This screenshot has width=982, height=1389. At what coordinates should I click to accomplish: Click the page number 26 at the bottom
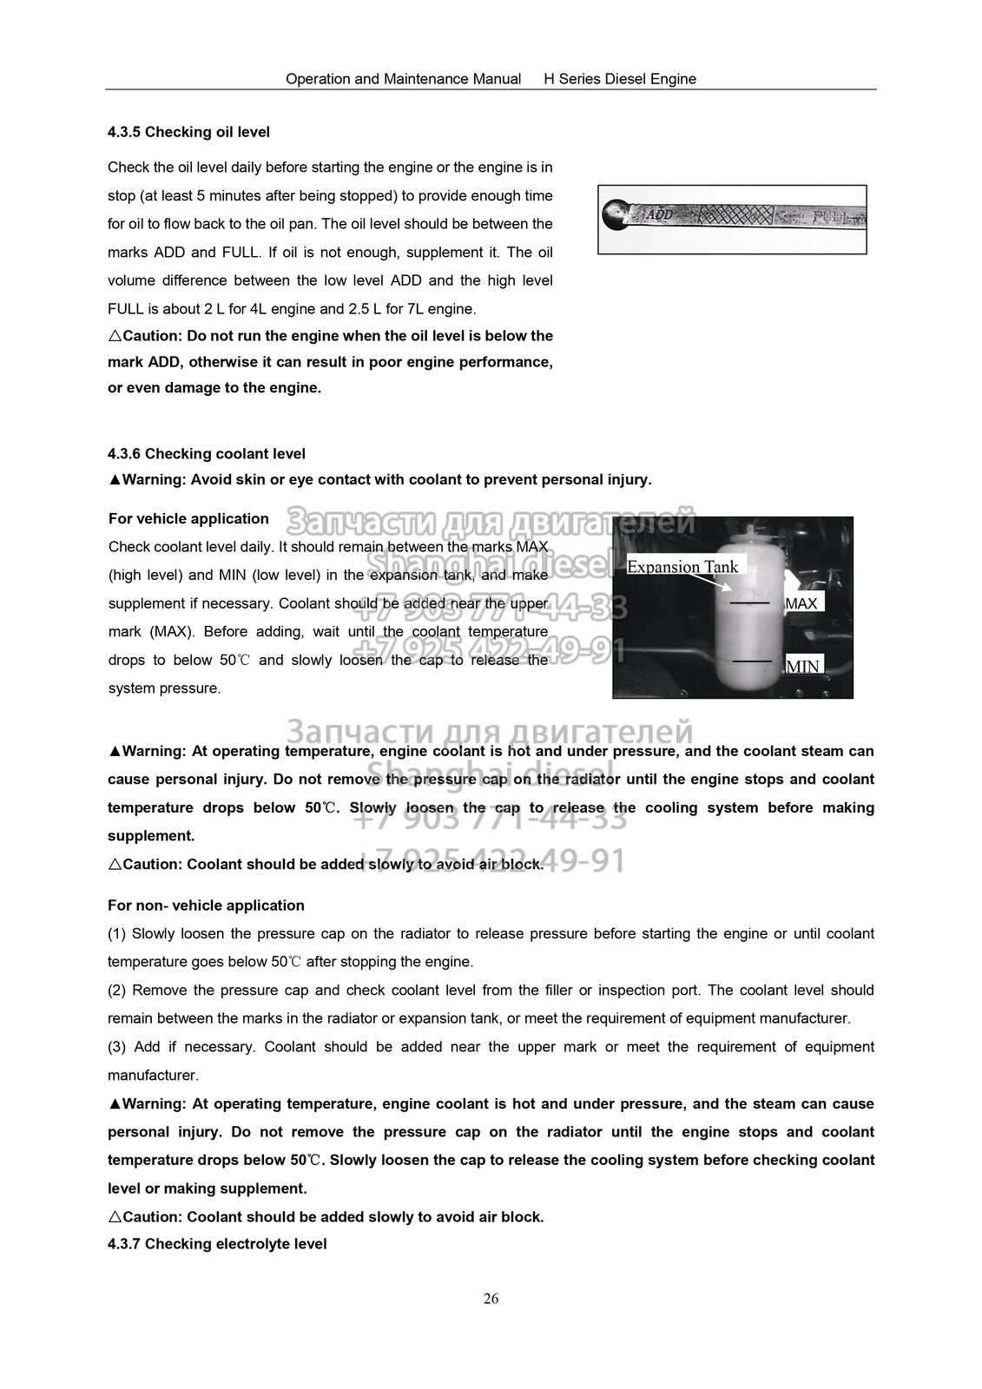point(491,1299)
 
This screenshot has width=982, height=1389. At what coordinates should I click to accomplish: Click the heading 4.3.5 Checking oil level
point(188,132)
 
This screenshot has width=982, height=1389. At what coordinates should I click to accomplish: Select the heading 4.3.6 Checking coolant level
point(207,453)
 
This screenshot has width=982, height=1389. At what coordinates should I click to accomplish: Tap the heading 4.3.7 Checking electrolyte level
point(217,1244)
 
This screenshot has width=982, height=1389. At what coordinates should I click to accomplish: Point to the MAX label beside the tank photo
point(801,603)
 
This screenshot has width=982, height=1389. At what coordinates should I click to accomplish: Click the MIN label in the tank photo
point(802,667)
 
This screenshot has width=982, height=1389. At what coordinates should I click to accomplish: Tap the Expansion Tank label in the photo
point(682,567)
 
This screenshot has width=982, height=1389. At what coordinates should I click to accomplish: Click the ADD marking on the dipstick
point(661,213)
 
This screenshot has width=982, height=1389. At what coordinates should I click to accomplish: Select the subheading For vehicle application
point(188,518)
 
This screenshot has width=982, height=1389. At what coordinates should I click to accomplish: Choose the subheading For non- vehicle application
point(206,905)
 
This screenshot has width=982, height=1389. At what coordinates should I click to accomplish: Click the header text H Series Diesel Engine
point(620,79)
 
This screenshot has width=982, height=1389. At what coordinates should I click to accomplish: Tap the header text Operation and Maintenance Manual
point(403,79)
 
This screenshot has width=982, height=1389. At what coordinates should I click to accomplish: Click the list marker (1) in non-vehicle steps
point(117,933)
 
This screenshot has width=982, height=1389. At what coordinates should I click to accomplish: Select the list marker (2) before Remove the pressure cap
point(117,991)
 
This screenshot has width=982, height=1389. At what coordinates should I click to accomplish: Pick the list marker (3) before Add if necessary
point(117,1047)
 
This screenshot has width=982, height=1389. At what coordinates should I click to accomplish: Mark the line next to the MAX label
point(749,602)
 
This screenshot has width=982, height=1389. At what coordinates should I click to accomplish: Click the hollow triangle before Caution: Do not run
point(115,336)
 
